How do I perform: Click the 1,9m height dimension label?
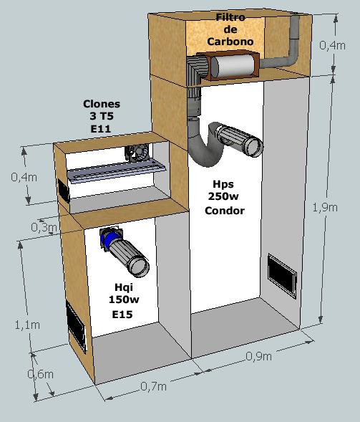(325, 208)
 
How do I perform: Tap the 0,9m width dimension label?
(258, 357)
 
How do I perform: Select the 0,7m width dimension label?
(153, 387)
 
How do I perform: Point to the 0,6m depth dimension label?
(40, 374)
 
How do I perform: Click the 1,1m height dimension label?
(27, 325)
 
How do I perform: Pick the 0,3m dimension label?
(44, 227)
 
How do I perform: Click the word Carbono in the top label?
(230, 42)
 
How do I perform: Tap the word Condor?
(225, 211)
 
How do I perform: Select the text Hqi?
(124, 287)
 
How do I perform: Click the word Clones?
(102, 104)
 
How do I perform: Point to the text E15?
(122, 314)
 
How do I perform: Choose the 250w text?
(223, 196)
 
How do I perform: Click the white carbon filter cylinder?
(233, 66)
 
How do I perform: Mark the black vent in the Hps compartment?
(282, 275)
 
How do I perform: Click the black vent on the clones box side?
(64, 191)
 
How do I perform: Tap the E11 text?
(101, 129)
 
